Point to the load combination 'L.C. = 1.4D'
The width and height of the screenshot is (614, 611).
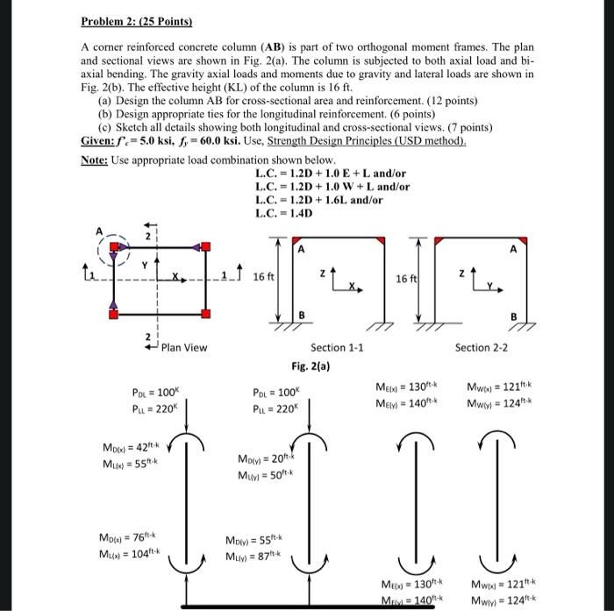point(286,213)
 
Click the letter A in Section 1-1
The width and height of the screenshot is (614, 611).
point(301,249)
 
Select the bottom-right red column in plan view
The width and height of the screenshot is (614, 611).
point(204,313)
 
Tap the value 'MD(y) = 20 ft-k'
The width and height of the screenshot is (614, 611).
point(264,459)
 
